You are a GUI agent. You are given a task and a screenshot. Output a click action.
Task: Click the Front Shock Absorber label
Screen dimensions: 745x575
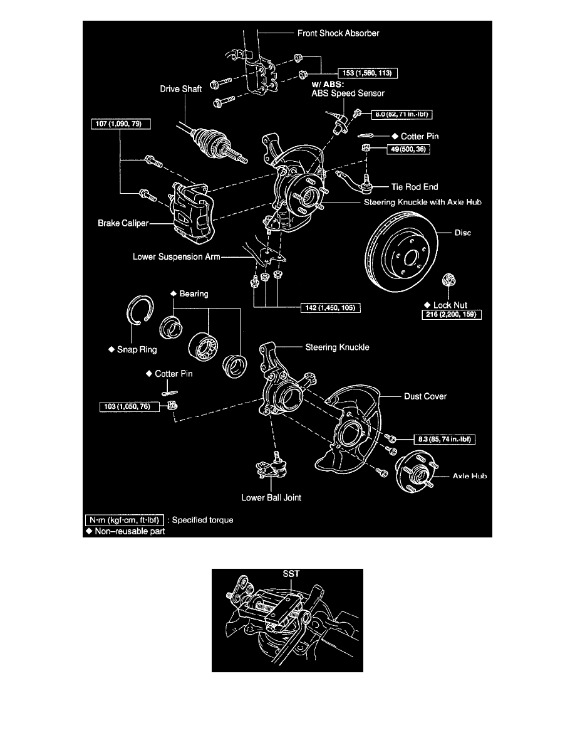pyautogui.click(x=338, y=33)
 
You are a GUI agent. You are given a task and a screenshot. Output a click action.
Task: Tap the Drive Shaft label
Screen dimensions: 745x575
pyautogui.click(x=180, y=89)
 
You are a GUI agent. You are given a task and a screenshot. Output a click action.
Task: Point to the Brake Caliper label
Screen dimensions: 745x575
pyautogui.click(x=122, y=222)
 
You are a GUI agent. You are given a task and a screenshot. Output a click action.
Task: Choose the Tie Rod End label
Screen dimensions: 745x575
pyautogui.click(x=413, y=186)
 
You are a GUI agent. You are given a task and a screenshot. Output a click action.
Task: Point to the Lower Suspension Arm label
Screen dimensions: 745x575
pyautogui.click(x=175, y=256)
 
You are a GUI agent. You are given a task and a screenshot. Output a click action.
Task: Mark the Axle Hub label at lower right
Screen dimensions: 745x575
pyautogui.click(x=469, y=477)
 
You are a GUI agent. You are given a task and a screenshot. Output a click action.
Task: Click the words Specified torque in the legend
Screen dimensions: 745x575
pyautogui.click(x=202, y=520)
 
